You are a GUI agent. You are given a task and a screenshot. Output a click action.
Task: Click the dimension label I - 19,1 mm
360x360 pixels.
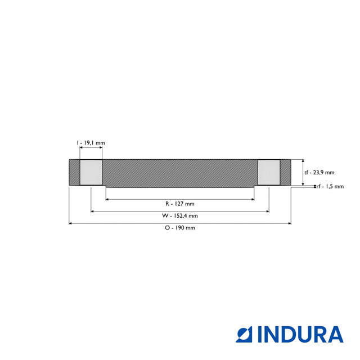point(91,143)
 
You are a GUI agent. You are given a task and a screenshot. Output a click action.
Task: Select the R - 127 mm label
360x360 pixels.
point(180,204)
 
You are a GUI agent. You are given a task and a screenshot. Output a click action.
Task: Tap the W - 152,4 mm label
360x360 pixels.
point(180,215)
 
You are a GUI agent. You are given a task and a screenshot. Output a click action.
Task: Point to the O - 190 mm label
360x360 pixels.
point(180,228)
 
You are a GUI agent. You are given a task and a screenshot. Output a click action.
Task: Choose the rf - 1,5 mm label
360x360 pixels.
point(330,187)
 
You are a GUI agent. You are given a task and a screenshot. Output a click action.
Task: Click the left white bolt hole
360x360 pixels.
point(91,172)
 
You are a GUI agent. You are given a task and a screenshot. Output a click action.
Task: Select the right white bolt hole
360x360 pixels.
point(269,172)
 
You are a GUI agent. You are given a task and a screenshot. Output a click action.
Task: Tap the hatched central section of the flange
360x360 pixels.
point(180,173)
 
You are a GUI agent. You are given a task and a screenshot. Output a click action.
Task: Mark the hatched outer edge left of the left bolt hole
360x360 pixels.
point(74,172)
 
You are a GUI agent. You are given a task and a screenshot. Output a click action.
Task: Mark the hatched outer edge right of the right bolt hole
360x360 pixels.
point(286,172)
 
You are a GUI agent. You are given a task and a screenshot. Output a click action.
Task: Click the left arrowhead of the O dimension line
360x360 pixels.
point(71,223)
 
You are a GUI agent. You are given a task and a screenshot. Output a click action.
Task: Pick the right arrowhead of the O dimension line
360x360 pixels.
point(289,223)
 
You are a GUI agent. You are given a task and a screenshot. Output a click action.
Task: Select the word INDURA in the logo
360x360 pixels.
point(300,334)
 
